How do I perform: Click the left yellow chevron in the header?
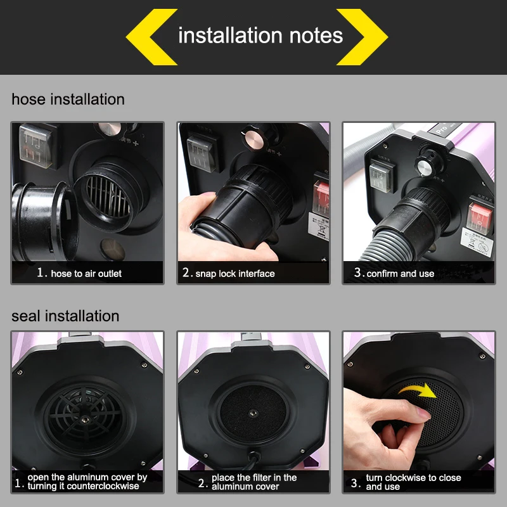click(150, 37)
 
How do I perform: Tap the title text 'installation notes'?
click(260, 35)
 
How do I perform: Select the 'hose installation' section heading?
click(68, 99)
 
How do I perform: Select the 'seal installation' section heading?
click(65, 316)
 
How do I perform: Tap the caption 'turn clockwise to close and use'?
click(413, 482)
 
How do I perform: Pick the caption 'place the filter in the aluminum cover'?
click(253, 482)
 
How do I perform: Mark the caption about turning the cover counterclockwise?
click(87, 482)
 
